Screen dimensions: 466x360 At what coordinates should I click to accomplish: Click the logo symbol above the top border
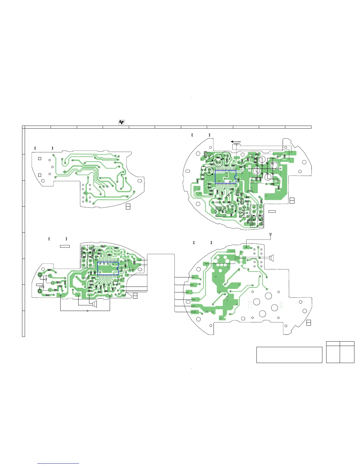(121, 122)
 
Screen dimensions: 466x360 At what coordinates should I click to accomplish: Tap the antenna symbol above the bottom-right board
(271, 235)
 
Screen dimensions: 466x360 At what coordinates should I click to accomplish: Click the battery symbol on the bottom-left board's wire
(88, 311)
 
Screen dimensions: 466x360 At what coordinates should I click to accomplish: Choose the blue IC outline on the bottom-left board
(108, 268)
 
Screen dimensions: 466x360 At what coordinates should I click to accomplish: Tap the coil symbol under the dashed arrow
(235, 144)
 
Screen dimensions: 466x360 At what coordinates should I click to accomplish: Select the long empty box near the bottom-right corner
(289, 355)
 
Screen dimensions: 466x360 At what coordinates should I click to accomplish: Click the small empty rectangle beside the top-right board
(272, 211)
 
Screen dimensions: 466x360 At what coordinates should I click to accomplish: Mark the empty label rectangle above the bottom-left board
(65, 246)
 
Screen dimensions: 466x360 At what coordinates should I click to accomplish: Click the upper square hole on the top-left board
(40, 159)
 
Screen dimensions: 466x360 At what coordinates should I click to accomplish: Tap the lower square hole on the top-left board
(40, 175)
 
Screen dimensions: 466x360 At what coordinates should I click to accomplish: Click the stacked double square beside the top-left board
(128, 206)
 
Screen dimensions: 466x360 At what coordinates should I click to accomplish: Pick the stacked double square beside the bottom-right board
(309, 322)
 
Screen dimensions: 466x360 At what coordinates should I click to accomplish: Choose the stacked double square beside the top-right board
(292, 201)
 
